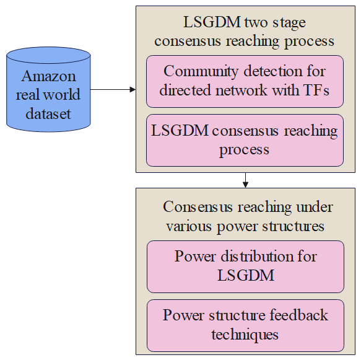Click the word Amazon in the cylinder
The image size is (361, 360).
pyautogui.click(x=48, y=76)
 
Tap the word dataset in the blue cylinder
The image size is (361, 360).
pyautogui.click(x=48, y=113)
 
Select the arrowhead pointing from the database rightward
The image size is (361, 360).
pyautogui.click(x=133, y=89)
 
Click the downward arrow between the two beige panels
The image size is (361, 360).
pyautogui.click(x=245, y=180)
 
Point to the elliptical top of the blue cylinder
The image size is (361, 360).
pyautogui.click(x=48, y=55)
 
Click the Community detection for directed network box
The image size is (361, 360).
pyautogui.click(x=245, y=81)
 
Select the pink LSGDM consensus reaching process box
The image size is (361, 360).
pyautogui.click(x=245, y=140)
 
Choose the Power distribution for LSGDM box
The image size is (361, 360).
pyautogui.click(x=245, y=266)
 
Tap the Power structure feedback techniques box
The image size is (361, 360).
pyautogui.click(x=245, y=326)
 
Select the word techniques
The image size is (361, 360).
pyautogui.click(x=245, y=335)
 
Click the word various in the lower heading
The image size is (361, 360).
pyautogui.click(x=189, y=226)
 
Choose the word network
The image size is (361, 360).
pyautogui.click(x=241, y=90)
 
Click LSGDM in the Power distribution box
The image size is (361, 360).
pyautogui.click(x=246, y=275)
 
